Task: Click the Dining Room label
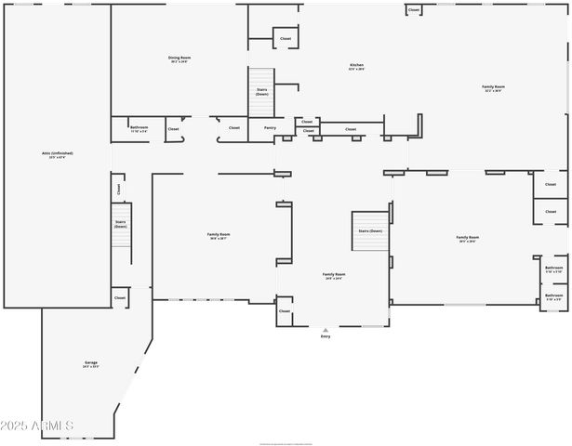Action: tap(180, 59)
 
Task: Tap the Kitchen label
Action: tap(356, 66)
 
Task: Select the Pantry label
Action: tap(270, 127)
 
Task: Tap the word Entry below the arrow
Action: tap(326, 335)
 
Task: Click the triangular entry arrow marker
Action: tap(326, 329)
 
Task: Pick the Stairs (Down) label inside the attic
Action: tap(120, 223)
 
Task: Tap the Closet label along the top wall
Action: tap(413, 10)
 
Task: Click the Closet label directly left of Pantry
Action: tap(233, 127)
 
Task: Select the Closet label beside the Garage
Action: tap(120, 297)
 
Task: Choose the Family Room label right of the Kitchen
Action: tap(493, 88)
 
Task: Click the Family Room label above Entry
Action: tap(334, 275)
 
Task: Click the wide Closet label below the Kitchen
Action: tap(351, 129)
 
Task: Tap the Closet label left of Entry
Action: tap(285, 311)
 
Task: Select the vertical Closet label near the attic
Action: tap(119, 189)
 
